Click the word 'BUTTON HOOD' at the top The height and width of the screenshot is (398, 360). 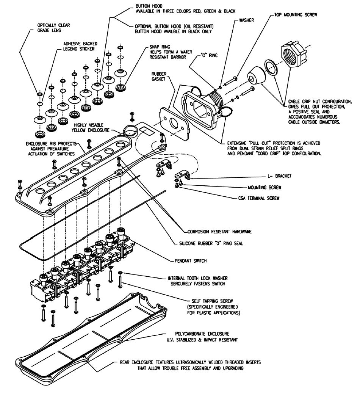coord(147,7)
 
